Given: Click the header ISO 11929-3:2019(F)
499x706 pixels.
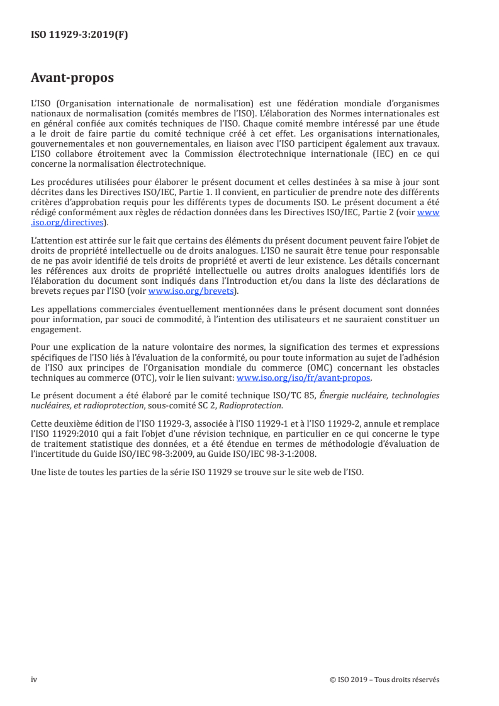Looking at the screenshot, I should (x=79, y=35).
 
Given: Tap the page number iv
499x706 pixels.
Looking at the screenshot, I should (x=34, y=680).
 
